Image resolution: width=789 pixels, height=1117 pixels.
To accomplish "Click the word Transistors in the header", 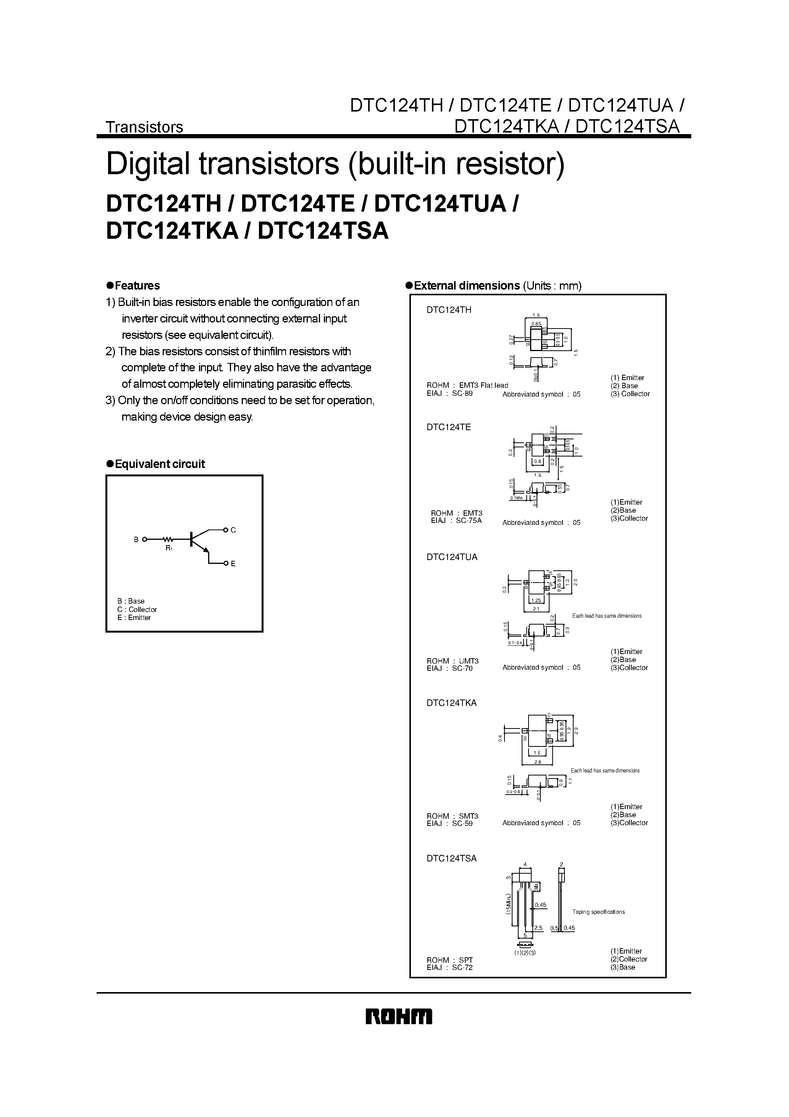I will [x=144, y=127].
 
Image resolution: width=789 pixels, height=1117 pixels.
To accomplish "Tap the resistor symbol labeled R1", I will [x=168, y=539].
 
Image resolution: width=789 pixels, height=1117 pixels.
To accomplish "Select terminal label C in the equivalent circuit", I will [x=233, y=530].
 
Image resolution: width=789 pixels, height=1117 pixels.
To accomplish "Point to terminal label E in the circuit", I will [x=233, y=564].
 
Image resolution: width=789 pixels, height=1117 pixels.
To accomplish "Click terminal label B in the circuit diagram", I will [x=136, y=539].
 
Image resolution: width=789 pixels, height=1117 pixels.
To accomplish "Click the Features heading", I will [x=137, y=286].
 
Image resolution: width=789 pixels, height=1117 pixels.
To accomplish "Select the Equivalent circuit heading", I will [x=159, y=464].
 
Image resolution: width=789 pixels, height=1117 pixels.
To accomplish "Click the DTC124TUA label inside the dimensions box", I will [x=452, y=557].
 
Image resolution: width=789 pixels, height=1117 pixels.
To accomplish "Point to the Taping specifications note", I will [x=598, y=912].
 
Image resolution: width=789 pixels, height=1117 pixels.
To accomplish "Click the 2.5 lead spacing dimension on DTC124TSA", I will [x=538, y=928].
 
